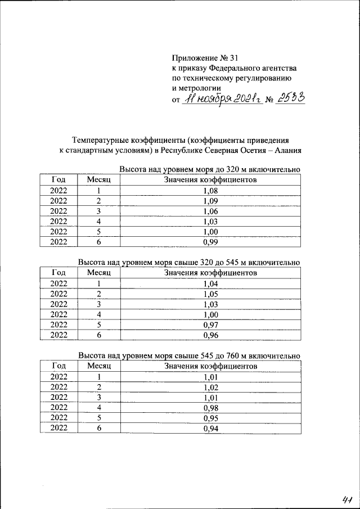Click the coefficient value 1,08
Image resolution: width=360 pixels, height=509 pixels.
(210, 191)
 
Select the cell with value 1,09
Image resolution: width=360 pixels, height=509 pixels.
(210, 201)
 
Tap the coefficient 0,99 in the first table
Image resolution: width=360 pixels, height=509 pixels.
(210, 242)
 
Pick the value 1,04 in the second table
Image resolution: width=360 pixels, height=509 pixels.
(210, 284)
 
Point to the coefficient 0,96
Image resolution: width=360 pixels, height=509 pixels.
(210, 336)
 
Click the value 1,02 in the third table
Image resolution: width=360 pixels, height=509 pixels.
(210, 387)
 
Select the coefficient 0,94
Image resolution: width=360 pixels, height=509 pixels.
(210, 429)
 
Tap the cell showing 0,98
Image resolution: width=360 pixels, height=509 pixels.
(210, 408)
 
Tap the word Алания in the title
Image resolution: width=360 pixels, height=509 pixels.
(284, 150)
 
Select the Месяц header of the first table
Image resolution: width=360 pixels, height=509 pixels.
(98, 180)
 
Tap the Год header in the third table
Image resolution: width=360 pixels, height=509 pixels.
(58, 366)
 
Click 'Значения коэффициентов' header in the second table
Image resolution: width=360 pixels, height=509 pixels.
(210, 273)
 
